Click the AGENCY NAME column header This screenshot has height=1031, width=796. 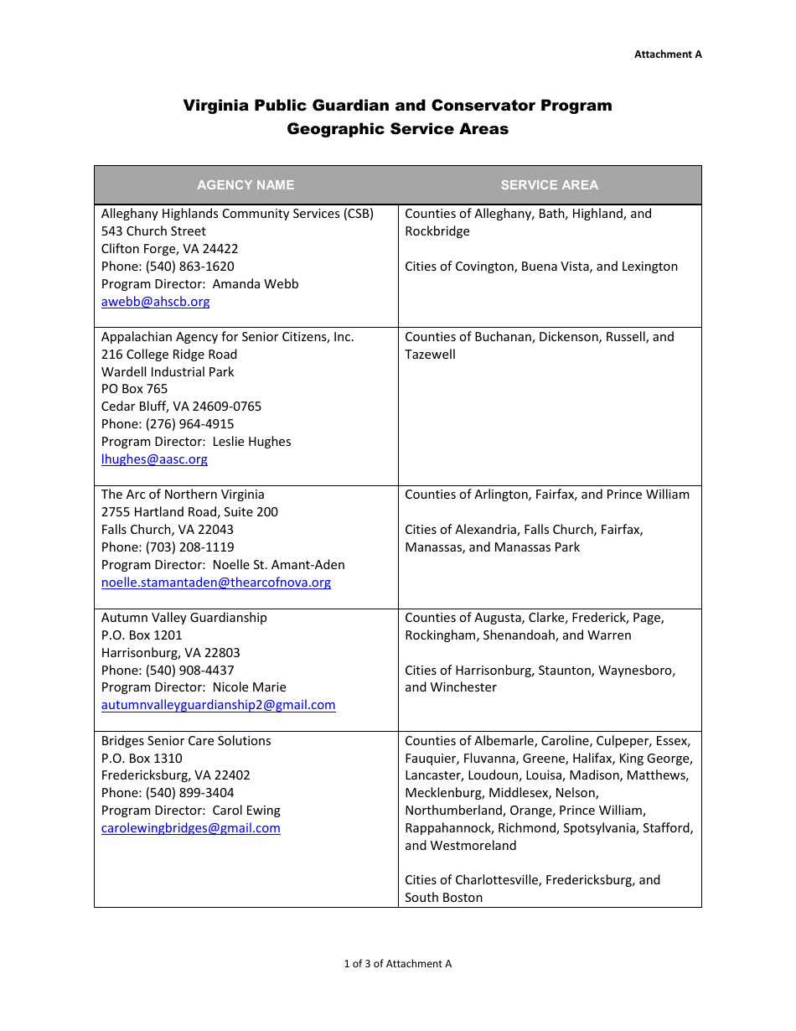246,185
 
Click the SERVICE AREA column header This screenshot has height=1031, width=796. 549,185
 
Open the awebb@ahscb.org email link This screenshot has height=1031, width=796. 155,302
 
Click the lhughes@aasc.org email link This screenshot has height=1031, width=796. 154,459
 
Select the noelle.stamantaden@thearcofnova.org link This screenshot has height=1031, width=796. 215,583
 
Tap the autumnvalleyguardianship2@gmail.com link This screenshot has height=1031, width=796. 218,705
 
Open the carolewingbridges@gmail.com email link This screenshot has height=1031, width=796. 190,828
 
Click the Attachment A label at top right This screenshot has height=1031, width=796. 667,54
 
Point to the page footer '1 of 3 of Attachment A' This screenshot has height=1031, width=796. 397,964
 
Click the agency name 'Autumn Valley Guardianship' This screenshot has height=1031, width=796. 183,618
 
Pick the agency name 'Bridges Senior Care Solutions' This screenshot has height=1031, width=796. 186,741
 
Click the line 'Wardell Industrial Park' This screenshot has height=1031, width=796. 168,371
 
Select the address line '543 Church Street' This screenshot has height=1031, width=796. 153,231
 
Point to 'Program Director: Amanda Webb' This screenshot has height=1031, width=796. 199,284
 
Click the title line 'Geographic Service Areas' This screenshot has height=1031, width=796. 397,129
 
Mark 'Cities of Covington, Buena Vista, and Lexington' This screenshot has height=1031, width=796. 540,267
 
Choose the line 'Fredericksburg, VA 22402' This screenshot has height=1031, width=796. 175,775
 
